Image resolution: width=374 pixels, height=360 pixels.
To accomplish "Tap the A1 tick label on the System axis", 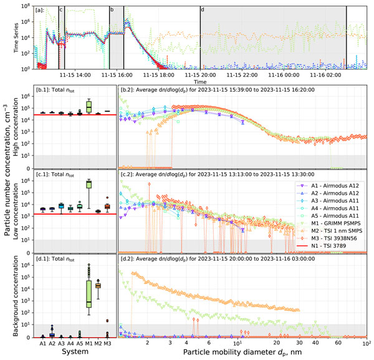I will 43,343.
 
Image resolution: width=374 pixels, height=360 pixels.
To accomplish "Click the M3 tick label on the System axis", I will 107,343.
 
